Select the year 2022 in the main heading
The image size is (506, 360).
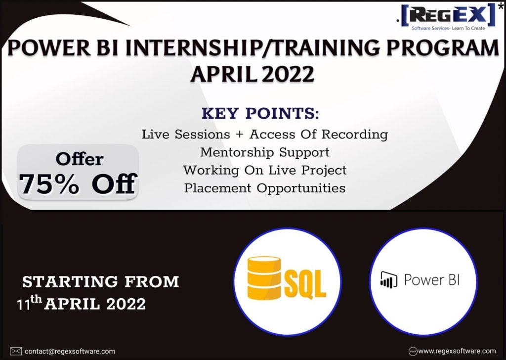288,74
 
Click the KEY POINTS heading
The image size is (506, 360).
260,114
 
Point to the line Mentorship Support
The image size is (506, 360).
265,152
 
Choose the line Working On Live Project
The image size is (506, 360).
265,170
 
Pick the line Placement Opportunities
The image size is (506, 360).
265,188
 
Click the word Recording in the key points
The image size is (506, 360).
355,135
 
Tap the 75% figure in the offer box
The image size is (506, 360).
48,184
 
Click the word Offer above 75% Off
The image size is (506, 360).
80,159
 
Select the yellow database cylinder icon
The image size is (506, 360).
264,278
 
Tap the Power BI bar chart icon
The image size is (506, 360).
388,279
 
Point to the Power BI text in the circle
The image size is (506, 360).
432,279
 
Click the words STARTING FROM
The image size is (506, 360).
100,281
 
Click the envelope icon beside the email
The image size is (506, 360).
16,351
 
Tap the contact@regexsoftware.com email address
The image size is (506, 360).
70,351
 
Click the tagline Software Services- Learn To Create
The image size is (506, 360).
448,28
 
